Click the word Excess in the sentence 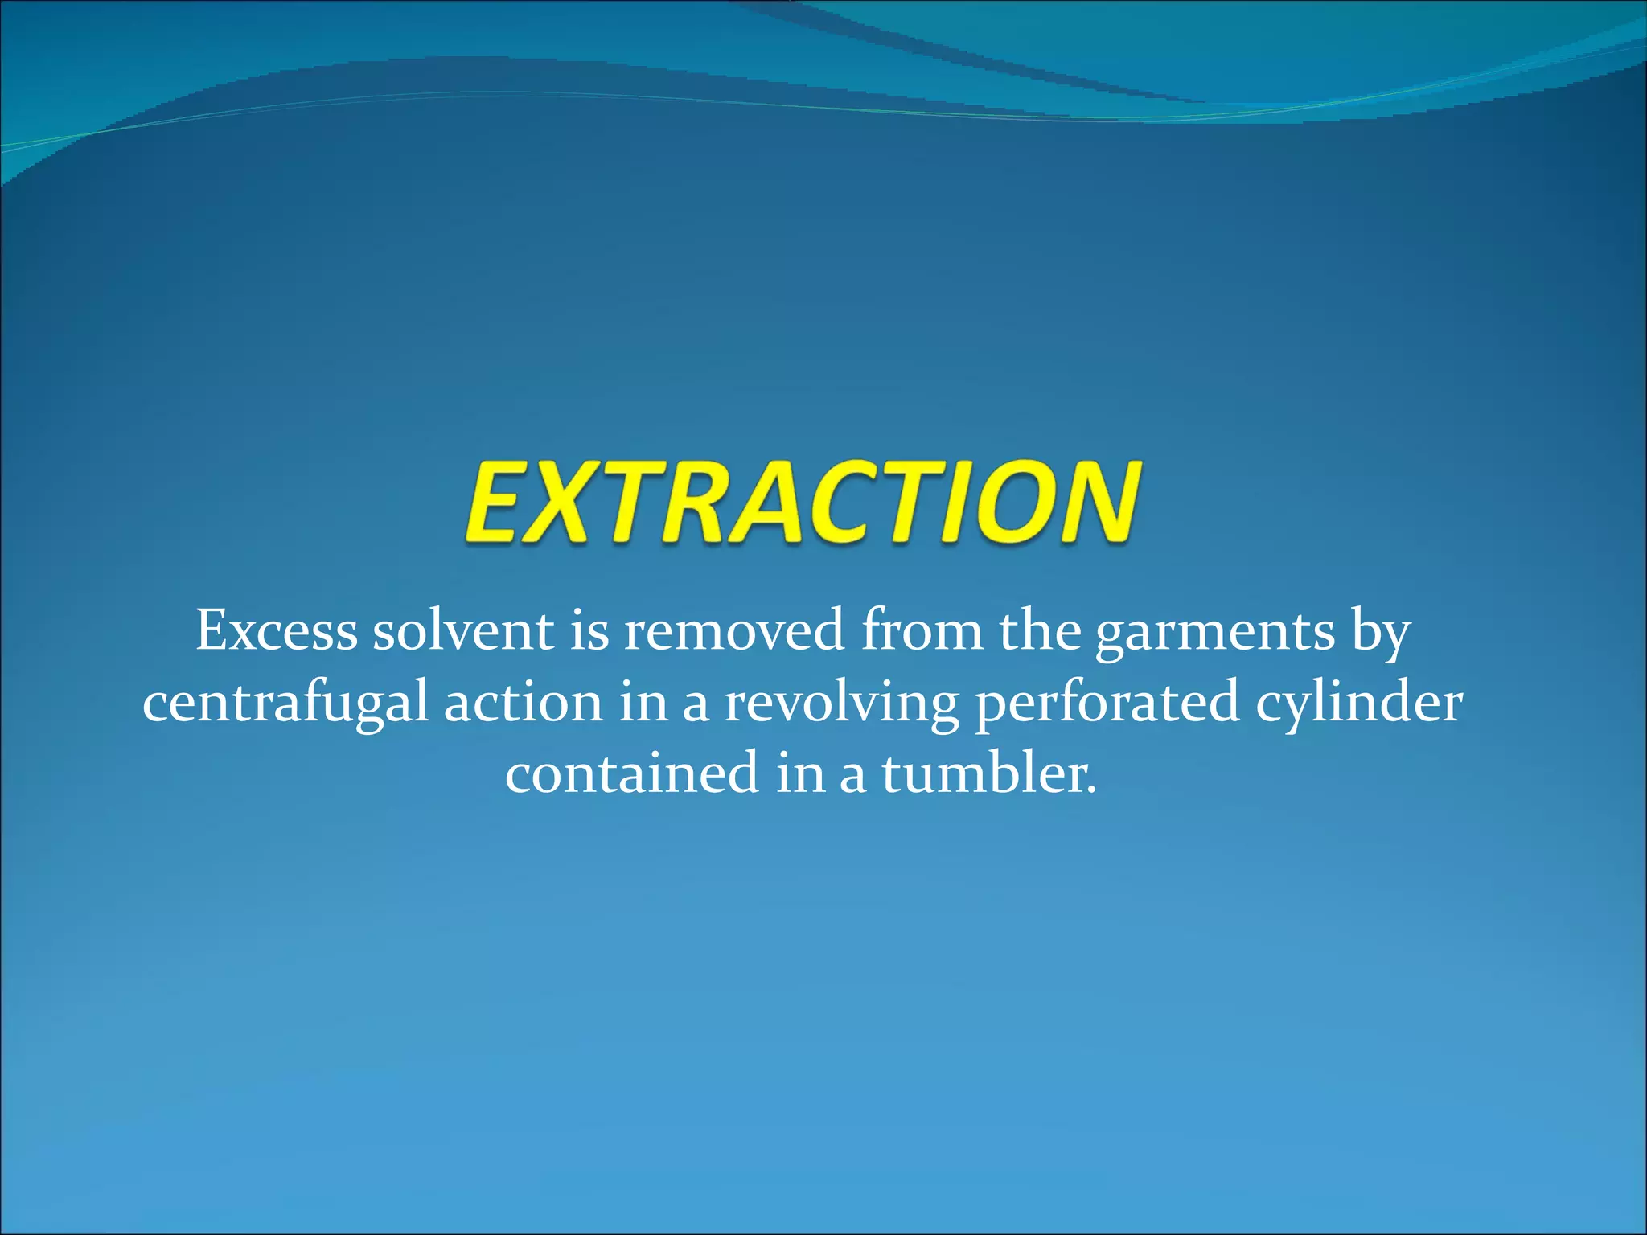point(276,631)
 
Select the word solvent point(462,631)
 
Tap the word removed point(734,631)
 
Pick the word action point(523,702)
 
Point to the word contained point(631,773)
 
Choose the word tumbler point(988,773)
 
